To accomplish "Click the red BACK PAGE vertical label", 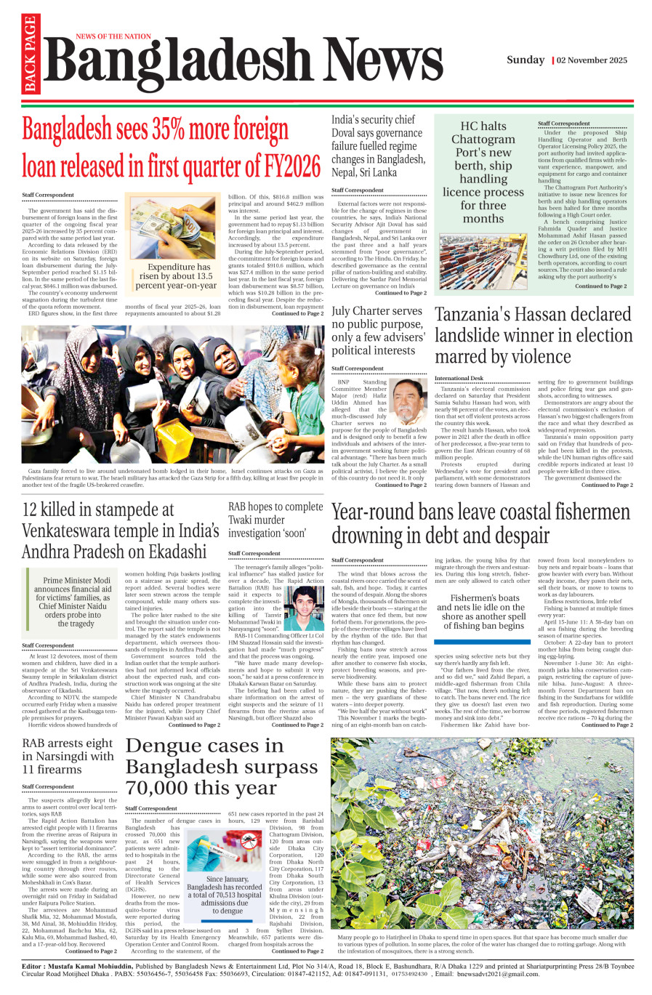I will click(x=30, y=55).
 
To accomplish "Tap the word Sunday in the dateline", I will click(x=526, y=60).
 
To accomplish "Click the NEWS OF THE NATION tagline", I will click(x=113, y=36).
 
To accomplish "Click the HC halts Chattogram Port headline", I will click(x=483, y=172).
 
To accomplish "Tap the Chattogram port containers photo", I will click(x=483, y=262).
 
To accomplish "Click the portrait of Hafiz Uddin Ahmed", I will click(x=408, y=403).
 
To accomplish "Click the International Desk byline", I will click(x=459, y=378).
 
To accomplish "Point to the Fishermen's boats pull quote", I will click(x=483, y=612).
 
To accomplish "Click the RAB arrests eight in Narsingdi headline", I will click(x=68, y=756).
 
